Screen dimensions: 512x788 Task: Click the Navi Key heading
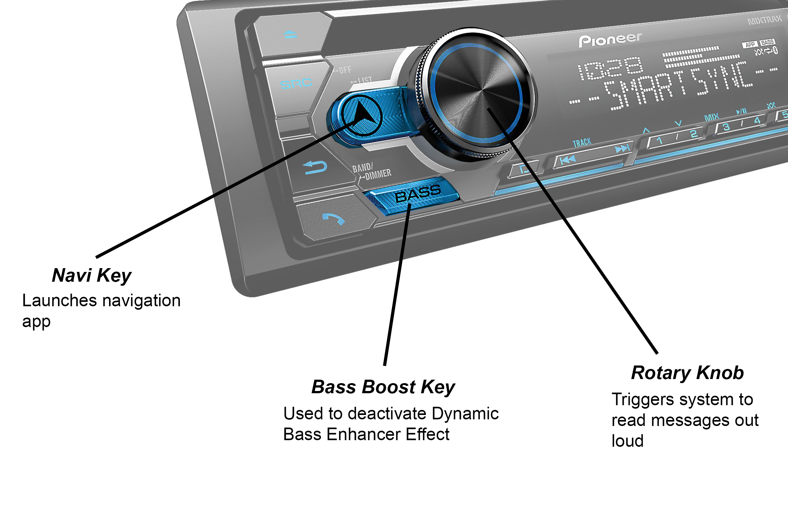92,275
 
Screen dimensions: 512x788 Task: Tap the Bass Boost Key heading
383,387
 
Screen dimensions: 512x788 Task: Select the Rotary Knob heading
688,373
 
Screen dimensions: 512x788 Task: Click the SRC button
296,83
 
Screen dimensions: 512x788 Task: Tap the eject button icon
290,34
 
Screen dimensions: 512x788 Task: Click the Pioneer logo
610,40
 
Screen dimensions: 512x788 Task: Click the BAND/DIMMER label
372,171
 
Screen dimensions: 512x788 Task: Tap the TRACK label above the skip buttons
582,143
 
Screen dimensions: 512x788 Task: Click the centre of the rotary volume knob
477,94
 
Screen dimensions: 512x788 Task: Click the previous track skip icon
567,160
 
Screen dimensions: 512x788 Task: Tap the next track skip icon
622,149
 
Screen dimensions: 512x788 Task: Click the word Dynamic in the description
465,414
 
